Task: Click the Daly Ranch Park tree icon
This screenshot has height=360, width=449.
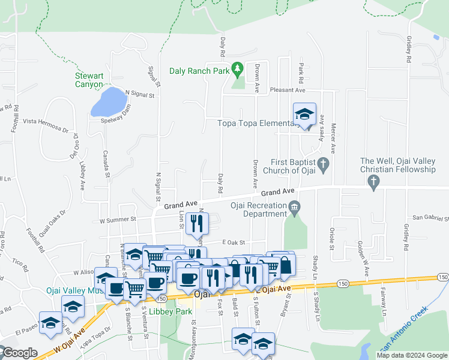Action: click(238, 70)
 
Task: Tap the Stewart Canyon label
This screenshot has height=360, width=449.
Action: click(89, 80)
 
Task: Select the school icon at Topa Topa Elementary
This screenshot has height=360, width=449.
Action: click(304, 115)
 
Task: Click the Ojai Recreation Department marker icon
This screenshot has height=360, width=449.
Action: click(294, 209)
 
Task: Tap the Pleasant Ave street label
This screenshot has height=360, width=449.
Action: click(288, 90)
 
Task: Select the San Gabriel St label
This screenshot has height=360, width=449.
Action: click(429, 218)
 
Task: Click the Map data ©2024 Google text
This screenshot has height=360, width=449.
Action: click(411, 355)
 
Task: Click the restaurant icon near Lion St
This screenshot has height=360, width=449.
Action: click(197, 224)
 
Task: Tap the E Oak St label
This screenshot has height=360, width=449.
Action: click(234, 242)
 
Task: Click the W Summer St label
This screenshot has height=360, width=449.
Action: click(118, 220)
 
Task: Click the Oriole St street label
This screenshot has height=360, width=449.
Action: click(331, 238)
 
